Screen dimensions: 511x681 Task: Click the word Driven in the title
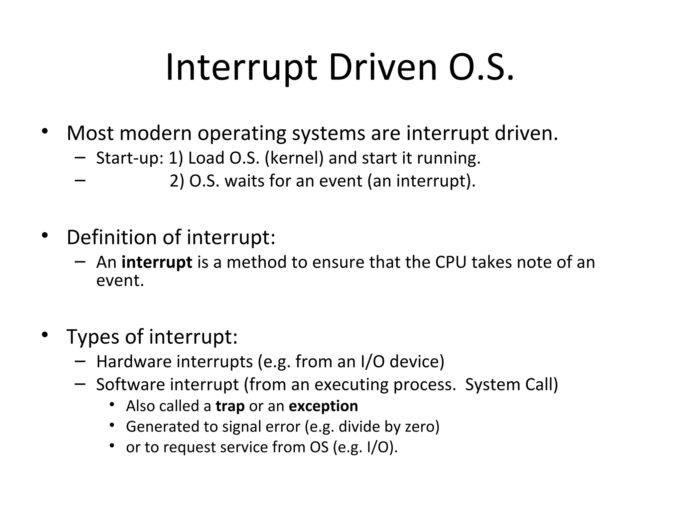tap(382, 68)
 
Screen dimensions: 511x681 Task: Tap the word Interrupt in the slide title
tap(241, 68)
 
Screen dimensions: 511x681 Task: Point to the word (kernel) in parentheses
tap(294, 158)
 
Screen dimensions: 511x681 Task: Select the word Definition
tap(112, 238)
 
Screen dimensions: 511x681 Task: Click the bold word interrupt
tap(157, 262)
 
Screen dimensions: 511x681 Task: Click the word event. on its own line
tap(120, 280)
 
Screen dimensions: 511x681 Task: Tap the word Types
tap(93, 337)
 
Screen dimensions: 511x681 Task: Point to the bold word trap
tap(230, 406)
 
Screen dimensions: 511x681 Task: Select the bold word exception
tap(323, 406)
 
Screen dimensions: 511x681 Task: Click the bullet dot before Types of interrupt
tap(45, 335)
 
